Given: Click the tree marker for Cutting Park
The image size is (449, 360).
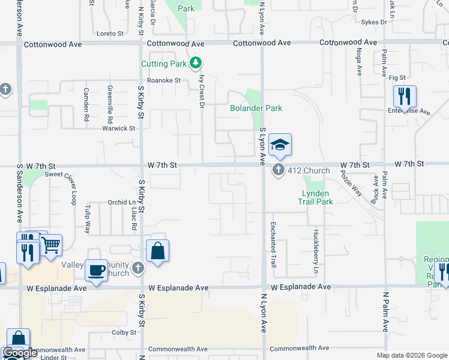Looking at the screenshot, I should point(195,63).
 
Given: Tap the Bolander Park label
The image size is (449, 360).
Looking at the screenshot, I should point(256,109).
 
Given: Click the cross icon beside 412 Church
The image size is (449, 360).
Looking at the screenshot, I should point(278,170).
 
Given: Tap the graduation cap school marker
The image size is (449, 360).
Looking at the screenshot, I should point(280,145).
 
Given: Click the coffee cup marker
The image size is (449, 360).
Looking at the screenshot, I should point(97,271).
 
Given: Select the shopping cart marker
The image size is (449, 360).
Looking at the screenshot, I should point(50,244).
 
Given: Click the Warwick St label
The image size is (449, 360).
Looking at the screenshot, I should point(118,128).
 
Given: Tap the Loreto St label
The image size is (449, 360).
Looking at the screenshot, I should point(109,34).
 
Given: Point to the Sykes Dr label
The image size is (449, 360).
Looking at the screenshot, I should point(374,22).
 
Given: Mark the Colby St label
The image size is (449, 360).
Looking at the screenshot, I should point(124,332).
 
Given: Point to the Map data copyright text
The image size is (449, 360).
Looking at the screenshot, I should point(411,355).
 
